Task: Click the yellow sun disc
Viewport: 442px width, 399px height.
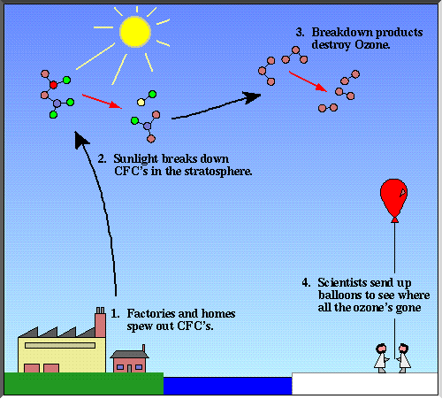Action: click(x=134, y=31)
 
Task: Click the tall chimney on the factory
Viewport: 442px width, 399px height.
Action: click(x=100, y=324)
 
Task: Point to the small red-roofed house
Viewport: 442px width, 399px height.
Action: click(x=129, y=359)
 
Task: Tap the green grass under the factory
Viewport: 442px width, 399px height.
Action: click(x=83, y=384)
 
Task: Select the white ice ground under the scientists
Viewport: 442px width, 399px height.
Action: click(x=365, y=385)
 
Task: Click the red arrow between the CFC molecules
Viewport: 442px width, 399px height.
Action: click(x=97, y=98)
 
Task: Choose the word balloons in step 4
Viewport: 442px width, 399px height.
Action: click(x=330, y=295)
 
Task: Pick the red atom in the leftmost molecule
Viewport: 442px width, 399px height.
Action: click(x=52, y=84)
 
